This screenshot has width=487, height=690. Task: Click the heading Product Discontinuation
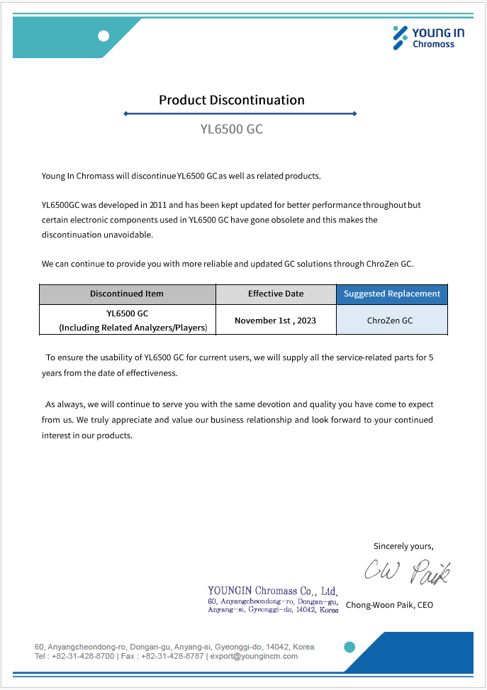231,100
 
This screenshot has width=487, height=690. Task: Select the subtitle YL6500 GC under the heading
231,129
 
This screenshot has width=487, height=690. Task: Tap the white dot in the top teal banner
103,36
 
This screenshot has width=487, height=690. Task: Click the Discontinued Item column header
127,294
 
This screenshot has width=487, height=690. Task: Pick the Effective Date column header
275,294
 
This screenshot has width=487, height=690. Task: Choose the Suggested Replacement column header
391,294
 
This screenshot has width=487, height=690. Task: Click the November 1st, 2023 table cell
275,321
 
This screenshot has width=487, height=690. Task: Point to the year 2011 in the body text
158,205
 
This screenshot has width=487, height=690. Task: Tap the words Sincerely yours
403,546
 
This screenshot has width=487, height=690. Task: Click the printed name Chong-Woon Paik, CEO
389,605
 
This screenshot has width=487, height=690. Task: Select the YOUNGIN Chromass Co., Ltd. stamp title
272,591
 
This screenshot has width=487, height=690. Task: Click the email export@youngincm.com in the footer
254,657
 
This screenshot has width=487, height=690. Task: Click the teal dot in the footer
349,647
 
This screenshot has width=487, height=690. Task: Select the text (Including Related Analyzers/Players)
133,328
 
